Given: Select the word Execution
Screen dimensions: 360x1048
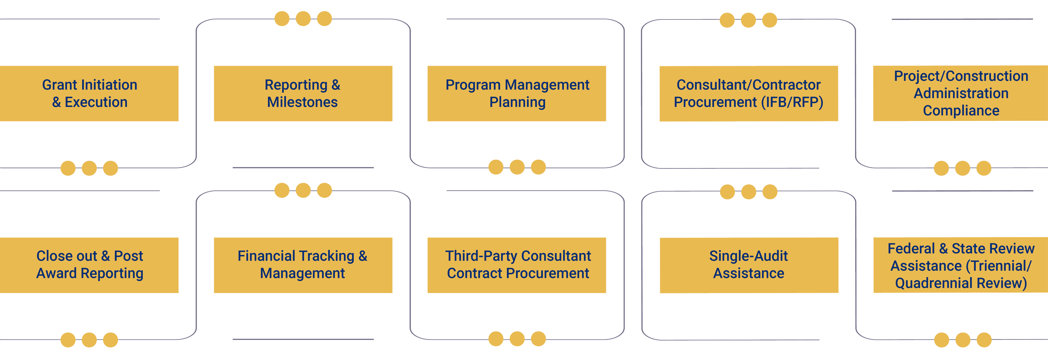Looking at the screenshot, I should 96,102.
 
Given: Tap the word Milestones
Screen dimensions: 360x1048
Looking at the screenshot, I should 302,102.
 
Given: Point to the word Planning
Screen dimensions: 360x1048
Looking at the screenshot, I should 517,102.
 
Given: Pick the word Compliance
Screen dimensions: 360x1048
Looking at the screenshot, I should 961,111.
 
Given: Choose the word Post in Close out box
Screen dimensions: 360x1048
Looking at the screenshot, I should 128,256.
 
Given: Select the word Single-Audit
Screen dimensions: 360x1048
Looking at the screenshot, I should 748,256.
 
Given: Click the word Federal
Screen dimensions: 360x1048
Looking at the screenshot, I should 911,249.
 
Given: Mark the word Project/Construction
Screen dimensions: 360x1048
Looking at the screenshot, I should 961,76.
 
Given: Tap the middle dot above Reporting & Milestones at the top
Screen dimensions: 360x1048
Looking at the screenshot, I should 303,19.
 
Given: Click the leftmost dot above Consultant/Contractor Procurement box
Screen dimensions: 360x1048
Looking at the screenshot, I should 727,20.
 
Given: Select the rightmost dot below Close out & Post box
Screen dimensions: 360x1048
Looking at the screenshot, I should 111,340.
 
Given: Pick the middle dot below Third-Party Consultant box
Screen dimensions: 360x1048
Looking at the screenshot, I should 517,339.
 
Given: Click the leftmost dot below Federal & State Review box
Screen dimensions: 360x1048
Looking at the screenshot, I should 942,340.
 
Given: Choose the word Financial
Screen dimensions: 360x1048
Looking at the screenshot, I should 265,256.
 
